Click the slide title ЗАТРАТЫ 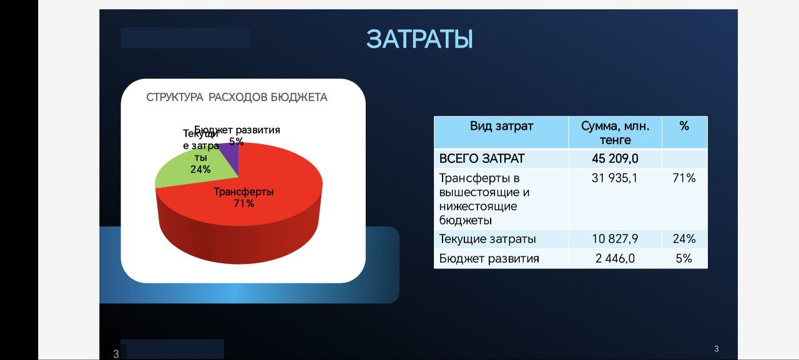coord(419,39)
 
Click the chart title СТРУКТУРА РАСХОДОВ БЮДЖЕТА coord(237,97)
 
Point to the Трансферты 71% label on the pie coord(244,197)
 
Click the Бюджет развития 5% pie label coord(237,136)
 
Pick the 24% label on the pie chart coord(200,169)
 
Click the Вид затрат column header coord(501,126)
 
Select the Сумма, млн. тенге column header coord(615,133)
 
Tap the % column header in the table coord(684,126)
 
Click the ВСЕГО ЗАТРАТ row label coord(482,158)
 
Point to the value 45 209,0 coord(615,158)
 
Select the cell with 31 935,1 coord(615,178)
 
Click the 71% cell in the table coord(684,178)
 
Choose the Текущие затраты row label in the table coord(488,239)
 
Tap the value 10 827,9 coord(615,239)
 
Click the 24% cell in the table coord(684,239)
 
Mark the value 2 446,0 coord(615,258)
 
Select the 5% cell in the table coord(684,258)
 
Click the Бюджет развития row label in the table coord(489,258)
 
